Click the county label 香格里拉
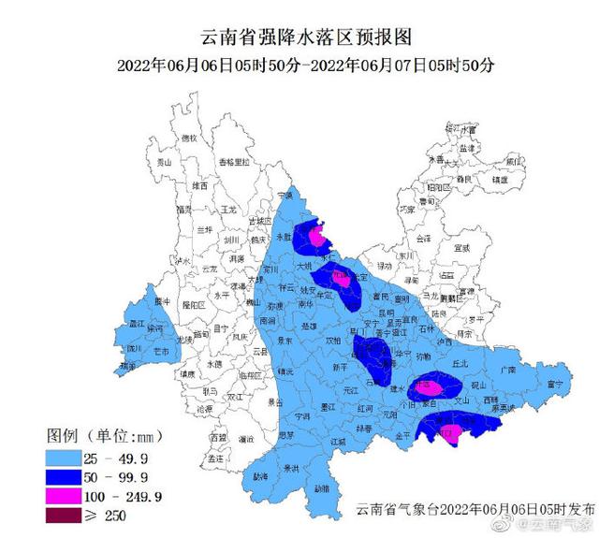[x=235, y=162]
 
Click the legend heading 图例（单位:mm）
[x=100, y=435]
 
